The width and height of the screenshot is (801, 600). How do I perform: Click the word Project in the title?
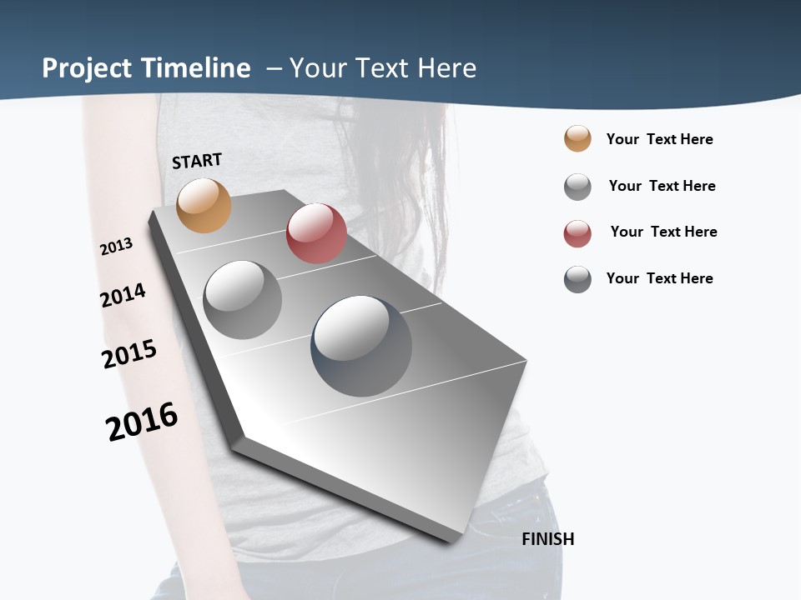(x=87, y=68)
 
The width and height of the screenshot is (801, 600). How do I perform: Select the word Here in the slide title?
(x=446, y=68)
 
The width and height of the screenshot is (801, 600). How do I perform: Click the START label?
(x=197, y=161)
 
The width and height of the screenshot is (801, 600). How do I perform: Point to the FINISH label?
(x=547, y=539)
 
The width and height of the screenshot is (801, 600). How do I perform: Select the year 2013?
(x=116, y=247)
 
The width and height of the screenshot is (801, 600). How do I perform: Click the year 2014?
(x=123, y=295)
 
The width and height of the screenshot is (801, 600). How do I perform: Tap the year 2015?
(x=129, y=354)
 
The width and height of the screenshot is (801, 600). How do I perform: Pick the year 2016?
(x=142, y=422)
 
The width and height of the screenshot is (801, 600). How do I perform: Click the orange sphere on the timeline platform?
(x=204, y=205)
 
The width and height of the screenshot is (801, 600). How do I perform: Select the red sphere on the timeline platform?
(x=316, y=233)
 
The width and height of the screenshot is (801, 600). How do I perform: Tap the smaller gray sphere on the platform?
(x=242, y=300)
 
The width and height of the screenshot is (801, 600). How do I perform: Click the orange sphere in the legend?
(x=577, y=139)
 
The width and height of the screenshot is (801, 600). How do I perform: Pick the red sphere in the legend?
(x=577, y=234)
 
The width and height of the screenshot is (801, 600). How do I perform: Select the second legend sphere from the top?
(x=577, y=187)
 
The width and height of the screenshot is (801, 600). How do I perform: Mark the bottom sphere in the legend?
(x=577, y=280)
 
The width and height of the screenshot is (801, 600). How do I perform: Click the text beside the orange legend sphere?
(x=659, y=139)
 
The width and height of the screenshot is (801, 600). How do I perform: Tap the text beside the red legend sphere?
(x=663, y=232)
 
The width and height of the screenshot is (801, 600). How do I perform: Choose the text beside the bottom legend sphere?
(x=659, y=278)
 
